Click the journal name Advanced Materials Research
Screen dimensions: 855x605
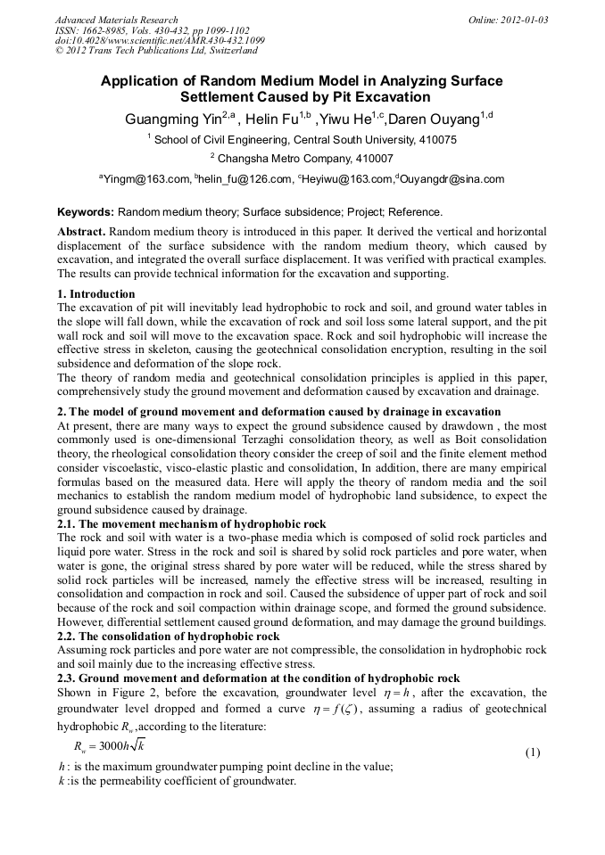pyautogui.click(x=116, y=20)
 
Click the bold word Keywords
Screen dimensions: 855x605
pyautogui.click(x=86, y=212)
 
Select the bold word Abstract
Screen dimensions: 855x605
pyautogui.click(x=81, y=230)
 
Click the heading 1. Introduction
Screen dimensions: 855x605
pyautogui.click(x=96, y=293)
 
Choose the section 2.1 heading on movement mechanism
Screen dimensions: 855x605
pyautogui.click(x=192, y=524)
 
